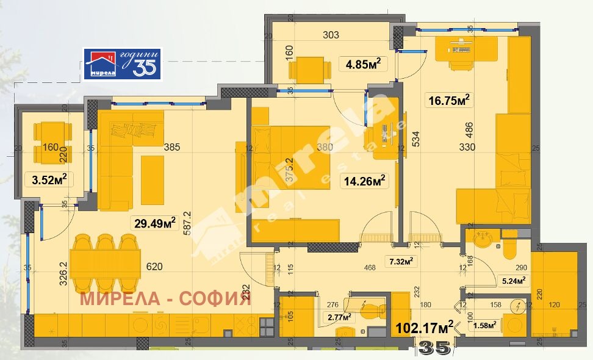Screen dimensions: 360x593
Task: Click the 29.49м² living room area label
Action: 155,223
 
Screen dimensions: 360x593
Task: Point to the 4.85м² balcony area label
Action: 363,63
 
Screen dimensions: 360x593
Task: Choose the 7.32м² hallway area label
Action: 402,262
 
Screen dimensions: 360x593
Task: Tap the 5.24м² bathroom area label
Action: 512,281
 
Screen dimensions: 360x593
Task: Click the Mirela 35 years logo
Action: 122,64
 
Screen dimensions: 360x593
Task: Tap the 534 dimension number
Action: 416,140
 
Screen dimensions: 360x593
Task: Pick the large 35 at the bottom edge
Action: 434,348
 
